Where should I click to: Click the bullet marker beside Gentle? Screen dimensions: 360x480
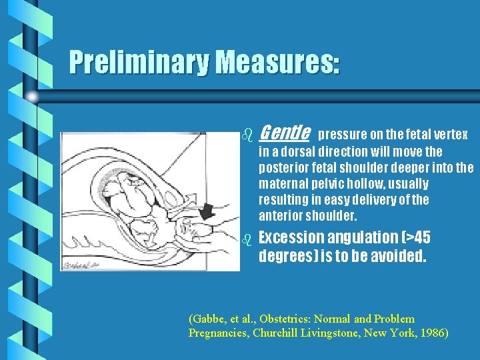tap(247, 135)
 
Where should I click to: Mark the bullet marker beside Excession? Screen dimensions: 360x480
tap(247, 238)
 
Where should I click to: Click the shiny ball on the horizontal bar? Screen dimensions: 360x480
tap(32, 97)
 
